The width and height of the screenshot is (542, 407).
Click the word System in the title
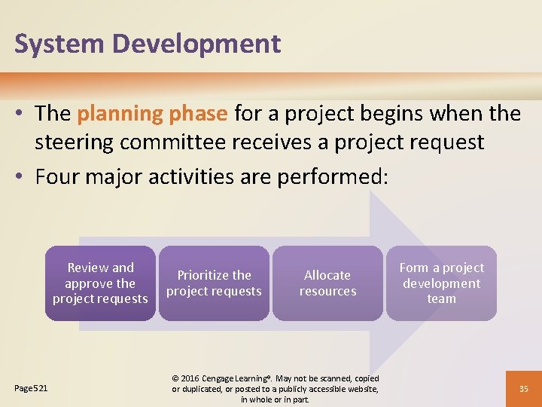tap(59, 44)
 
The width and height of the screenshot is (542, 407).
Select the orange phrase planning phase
tap(152, 114)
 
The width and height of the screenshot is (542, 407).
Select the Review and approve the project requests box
tap(100, 283)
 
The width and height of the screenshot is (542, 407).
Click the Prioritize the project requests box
tap(214, 283)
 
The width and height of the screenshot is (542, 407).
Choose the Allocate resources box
tap(327, 283)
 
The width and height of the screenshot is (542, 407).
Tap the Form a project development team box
tap(441, 283)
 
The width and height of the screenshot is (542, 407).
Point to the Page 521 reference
tap(31, 388)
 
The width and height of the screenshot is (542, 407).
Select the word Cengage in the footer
tap(227, 378)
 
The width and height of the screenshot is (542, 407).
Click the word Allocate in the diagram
tap(327, 275)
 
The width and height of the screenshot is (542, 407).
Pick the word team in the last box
tap(441, 299)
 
